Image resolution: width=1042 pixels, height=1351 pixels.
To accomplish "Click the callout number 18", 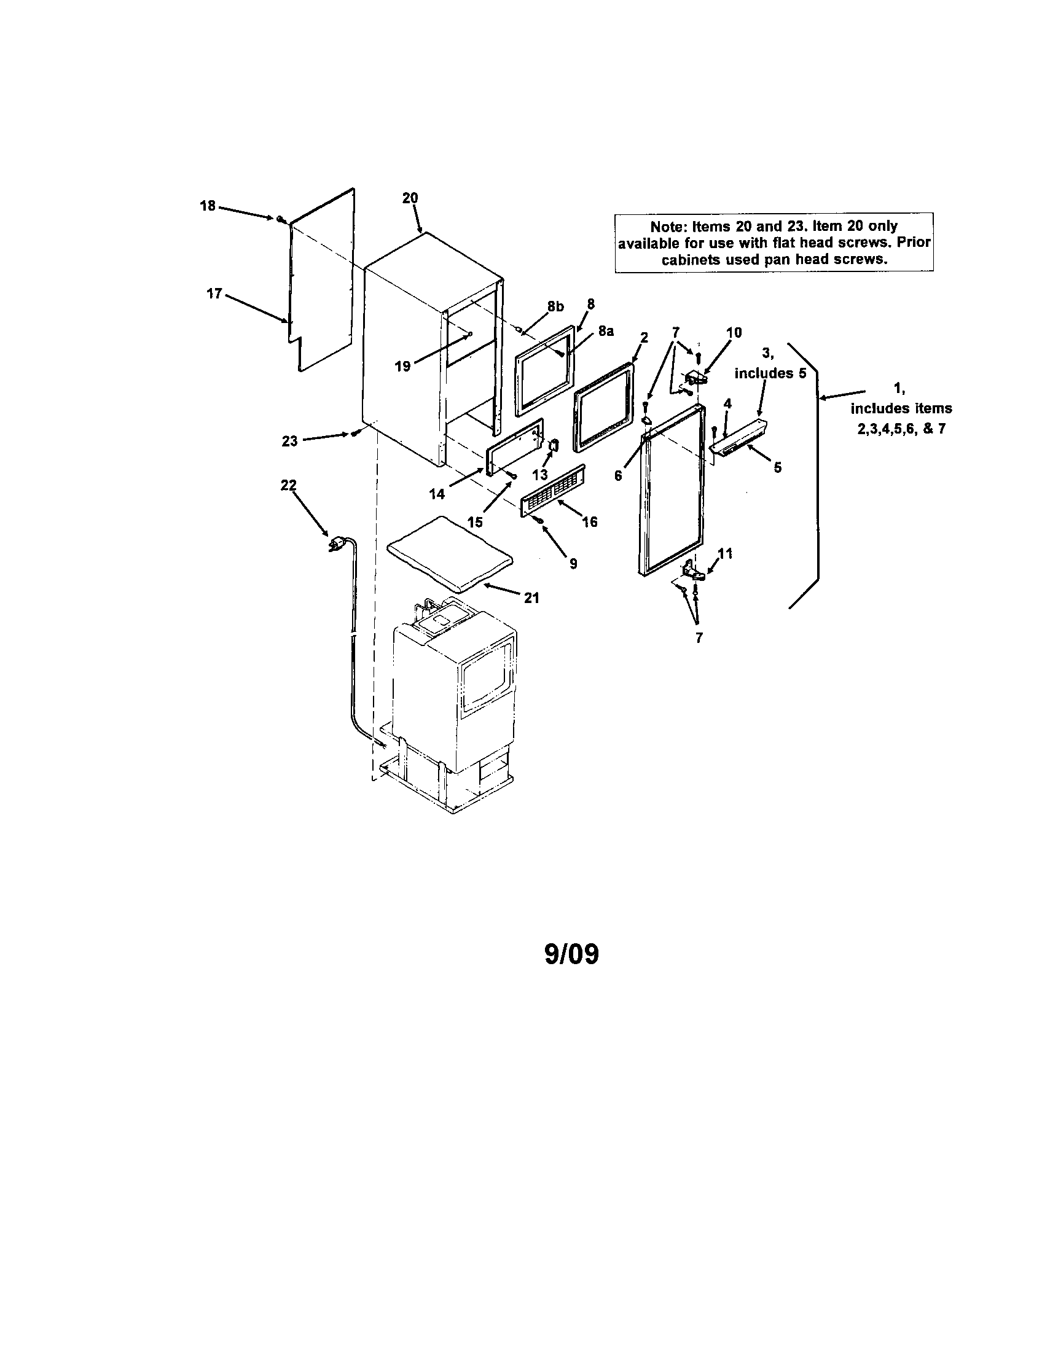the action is point(207,206).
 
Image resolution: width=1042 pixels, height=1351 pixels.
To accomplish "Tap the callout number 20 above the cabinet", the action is point(410,198).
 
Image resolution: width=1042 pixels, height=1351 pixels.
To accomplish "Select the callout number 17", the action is point(214,293).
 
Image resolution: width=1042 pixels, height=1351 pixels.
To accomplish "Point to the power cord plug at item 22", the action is point(337,544).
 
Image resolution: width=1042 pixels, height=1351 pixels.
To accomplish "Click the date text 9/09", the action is point(572,954).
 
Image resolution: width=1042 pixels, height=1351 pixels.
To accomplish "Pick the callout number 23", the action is point(289,441).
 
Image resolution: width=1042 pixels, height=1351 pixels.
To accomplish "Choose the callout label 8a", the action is point(606,332).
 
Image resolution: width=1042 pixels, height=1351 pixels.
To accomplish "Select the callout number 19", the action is point(402,366).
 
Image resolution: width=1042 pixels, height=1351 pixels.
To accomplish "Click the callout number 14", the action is point(437,494).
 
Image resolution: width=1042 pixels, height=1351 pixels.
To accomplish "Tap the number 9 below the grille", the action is point(574,564).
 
